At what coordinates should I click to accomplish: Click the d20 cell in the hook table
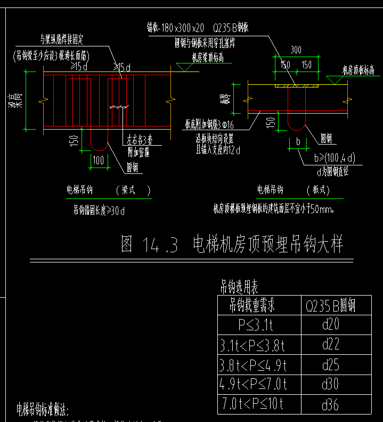[x=330, y=324]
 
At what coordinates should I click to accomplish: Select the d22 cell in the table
[x=330, y=345]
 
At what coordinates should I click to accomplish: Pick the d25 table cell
[x=330, y=365]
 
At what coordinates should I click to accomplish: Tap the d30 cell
[x=330, y=384]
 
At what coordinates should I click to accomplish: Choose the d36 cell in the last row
[x=330, y=404]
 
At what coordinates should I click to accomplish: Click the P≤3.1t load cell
[x=256, y=325]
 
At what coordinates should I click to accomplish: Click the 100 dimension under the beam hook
[x=99, y=160]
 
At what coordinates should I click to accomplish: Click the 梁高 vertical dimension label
[x=18, y=100]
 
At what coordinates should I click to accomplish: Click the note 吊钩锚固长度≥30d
[x=99, y=210]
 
